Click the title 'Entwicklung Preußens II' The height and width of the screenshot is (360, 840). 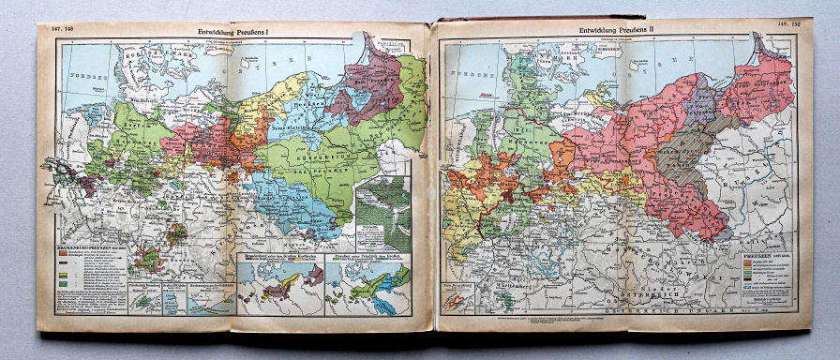[618, 31]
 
